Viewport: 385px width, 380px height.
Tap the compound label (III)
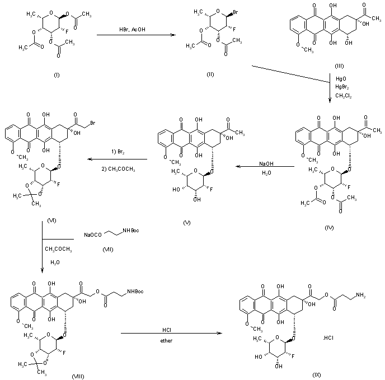(x=340, y=65)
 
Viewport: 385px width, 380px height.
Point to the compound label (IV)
(x=329, y=228)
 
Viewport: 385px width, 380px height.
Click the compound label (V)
(x=187, y=222)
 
